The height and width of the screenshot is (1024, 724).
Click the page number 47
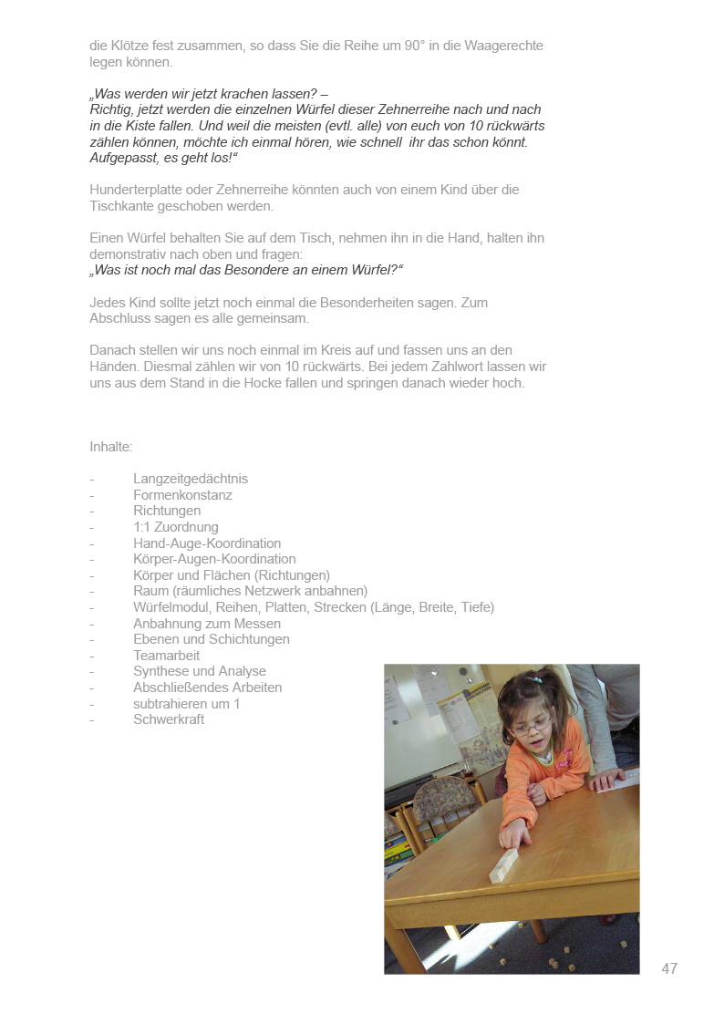click(x=669, y=968)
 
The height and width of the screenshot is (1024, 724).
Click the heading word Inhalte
click(x=110, y=447)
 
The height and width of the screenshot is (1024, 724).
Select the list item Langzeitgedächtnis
click(x=191, y=479)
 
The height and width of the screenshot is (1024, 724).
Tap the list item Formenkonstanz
click(x=182, y=495)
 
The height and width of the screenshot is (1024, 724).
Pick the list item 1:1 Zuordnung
click(x=176, y=527)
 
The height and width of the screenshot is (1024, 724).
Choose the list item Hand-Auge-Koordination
click(x=207, y=543)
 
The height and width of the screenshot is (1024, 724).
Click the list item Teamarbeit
click(x=166, y=656)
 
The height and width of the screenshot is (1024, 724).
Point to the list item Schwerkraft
click(x=169, y=719)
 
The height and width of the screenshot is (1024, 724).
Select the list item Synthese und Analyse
click(x=200, y=671)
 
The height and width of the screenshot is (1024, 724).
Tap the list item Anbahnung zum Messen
click(x=207, y=624)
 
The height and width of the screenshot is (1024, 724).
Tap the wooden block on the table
click(x=503, y=865)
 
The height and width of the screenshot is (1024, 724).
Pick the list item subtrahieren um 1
click(x=187, y=704)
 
